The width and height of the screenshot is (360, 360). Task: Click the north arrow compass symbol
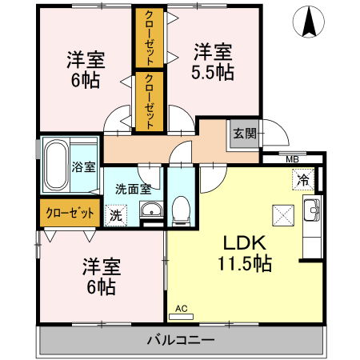[308, 22]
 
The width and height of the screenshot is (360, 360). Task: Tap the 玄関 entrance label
[244, 134]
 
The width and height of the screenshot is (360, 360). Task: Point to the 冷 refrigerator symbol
[303, 180]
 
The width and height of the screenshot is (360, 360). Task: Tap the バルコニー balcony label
[180, 340]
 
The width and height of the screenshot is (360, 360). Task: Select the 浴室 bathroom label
[84, 167]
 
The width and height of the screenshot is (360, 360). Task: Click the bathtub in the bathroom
[55, 166]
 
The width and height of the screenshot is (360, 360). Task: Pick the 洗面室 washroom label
[133, 190]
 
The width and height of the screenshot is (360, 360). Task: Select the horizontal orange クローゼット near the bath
[69, 213]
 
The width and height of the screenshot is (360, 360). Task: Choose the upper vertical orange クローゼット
[149, 38]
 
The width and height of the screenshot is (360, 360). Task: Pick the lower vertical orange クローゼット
[149, 101]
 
